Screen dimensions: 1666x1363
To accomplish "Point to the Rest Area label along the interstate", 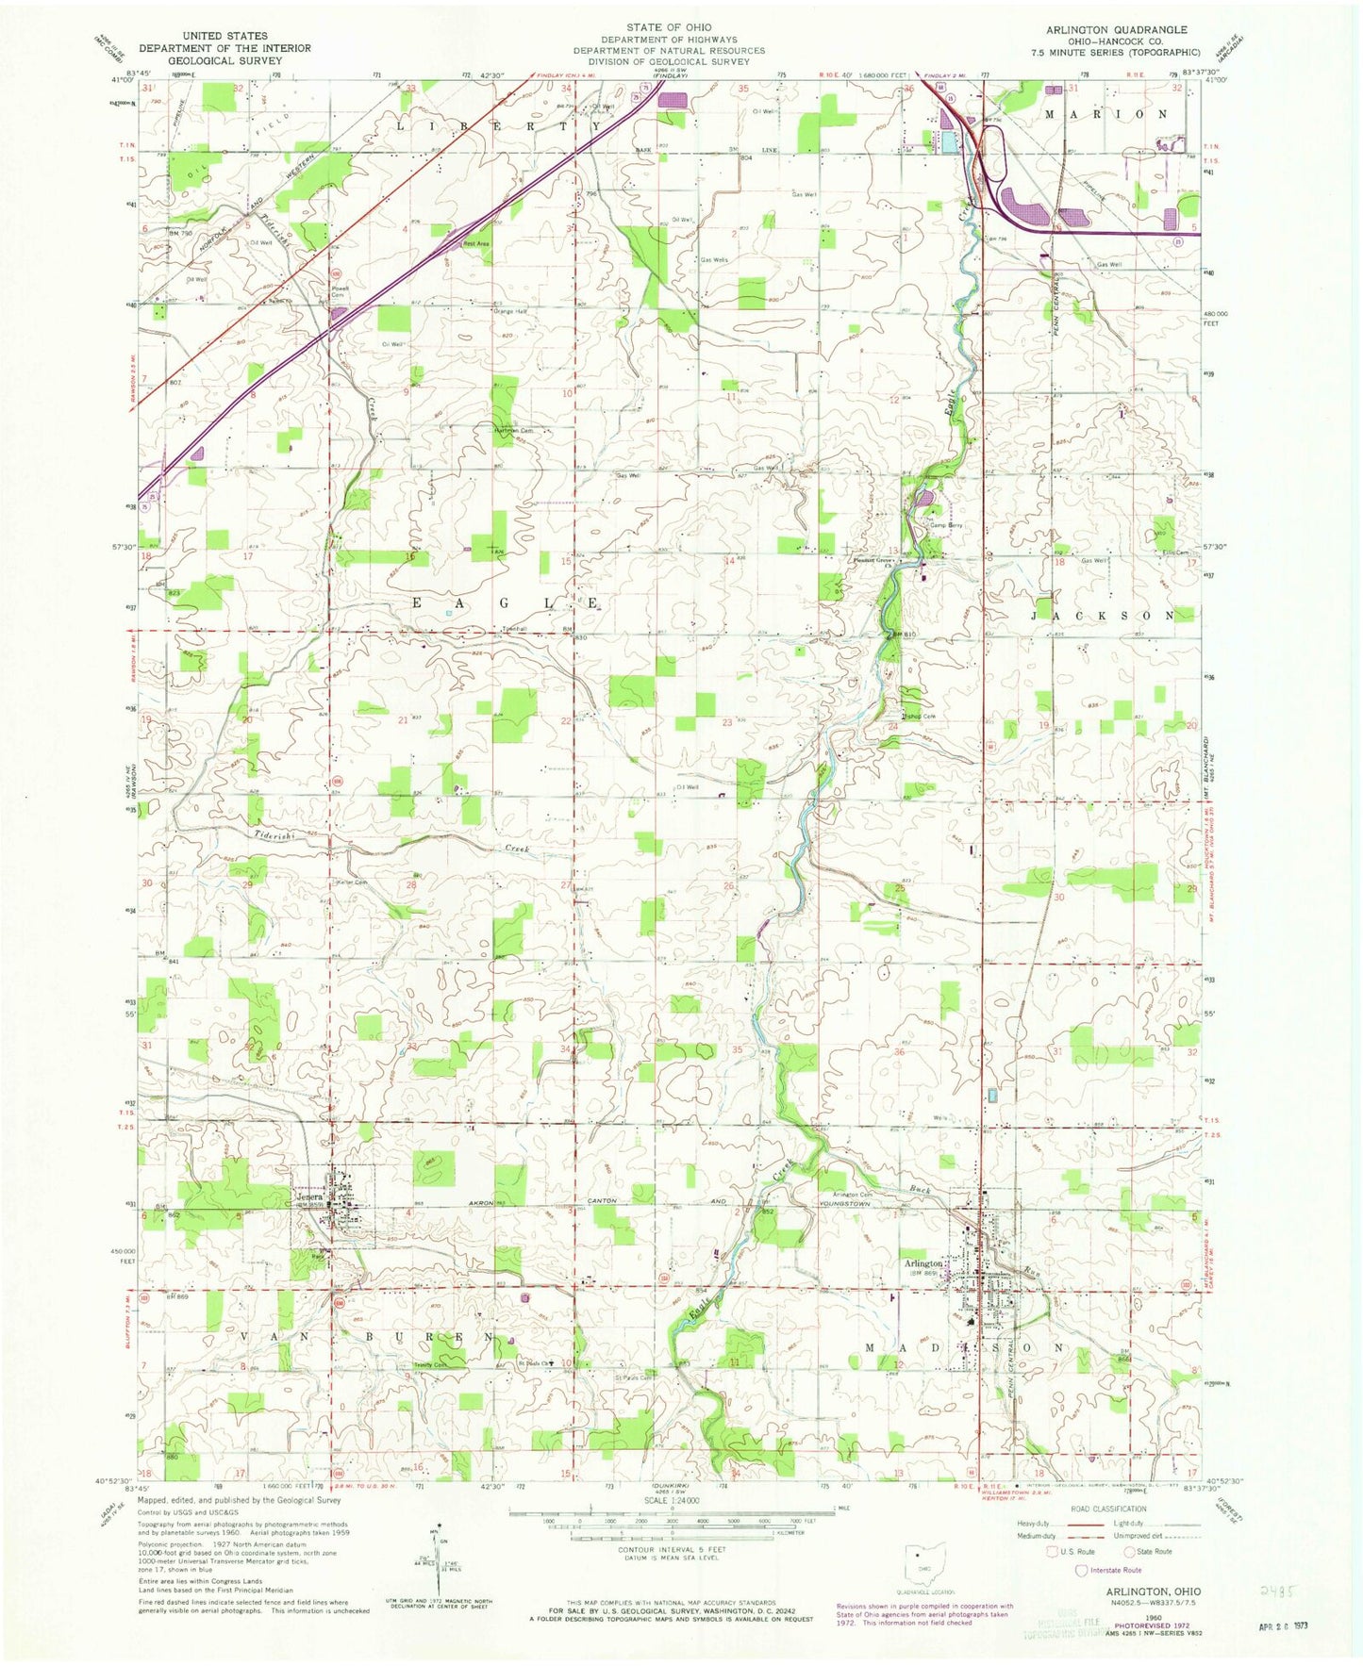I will point(476,244).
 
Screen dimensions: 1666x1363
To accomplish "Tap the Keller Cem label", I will point(351,882).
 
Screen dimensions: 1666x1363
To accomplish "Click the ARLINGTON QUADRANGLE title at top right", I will point(1116,30).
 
